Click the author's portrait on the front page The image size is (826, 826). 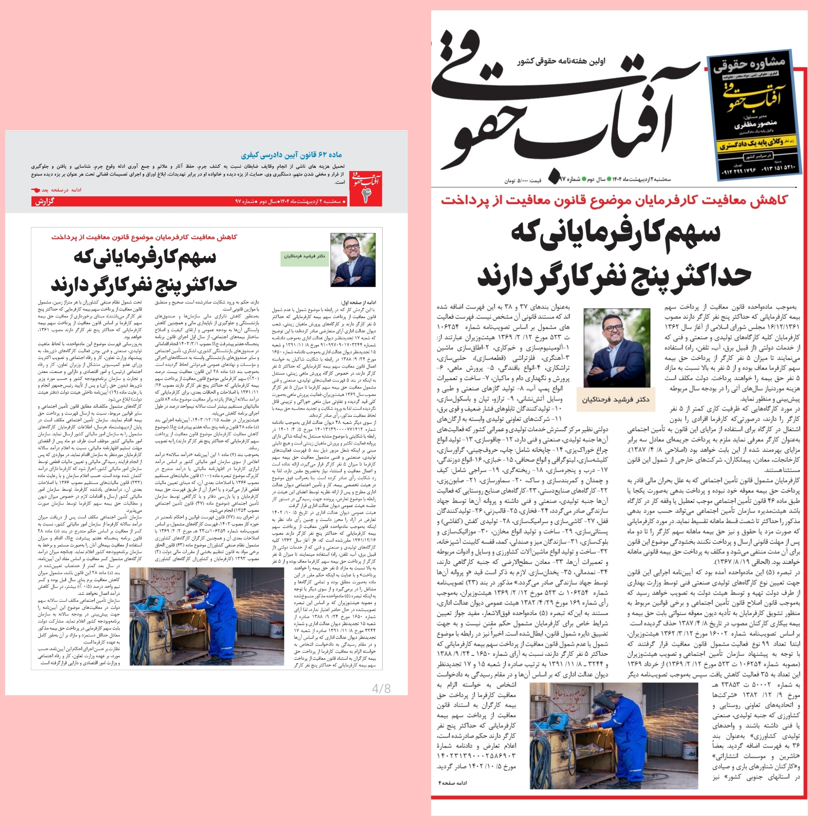[617, 348]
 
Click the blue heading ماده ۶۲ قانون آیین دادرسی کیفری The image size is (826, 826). [291, 155]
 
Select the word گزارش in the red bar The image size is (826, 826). [45, 201]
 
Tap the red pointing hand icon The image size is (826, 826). [36, 190]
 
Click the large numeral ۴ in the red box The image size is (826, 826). [366, 196]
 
